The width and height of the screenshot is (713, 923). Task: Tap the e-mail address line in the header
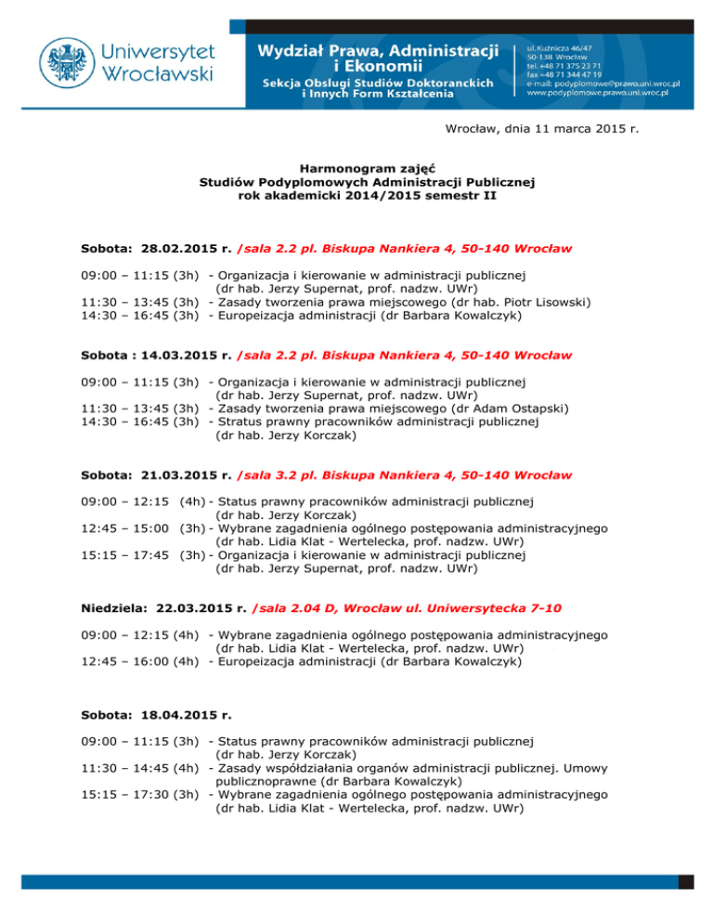pos(603,84)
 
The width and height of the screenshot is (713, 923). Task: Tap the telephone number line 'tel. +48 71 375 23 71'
pos(566,65)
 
